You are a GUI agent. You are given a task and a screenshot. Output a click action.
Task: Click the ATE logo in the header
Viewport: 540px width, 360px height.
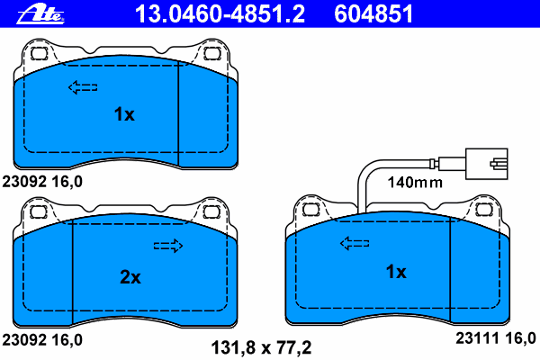tap(40, 14)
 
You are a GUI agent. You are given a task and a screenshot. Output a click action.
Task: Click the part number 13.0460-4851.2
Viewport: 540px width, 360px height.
tap(220, 13)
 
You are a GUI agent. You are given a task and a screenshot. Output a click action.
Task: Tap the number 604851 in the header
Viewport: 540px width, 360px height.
tap(373, 13)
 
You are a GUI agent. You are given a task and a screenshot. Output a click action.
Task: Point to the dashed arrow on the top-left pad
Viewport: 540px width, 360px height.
tap(83, 87)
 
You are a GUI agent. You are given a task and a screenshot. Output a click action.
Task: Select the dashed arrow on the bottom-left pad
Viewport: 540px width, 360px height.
tap(168, 246)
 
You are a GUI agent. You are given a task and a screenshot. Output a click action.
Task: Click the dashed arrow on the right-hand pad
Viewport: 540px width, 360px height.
tap(355, 243)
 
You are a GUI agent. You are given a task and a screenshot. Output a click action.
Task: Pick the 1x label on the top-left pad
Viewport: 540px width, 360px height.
tap(124, 114)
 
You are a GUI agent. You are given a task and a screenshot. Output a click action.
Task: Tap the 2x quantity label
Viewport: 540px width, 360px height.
tap(130, 276)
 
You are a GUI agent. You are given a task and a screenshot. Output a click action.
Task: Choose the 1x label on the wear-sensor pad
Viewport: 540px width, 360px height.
tap(396, 272)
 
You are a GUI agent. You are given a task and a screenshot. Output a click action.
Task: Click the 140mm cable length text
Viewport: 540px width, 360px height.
tap(415, 182)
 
